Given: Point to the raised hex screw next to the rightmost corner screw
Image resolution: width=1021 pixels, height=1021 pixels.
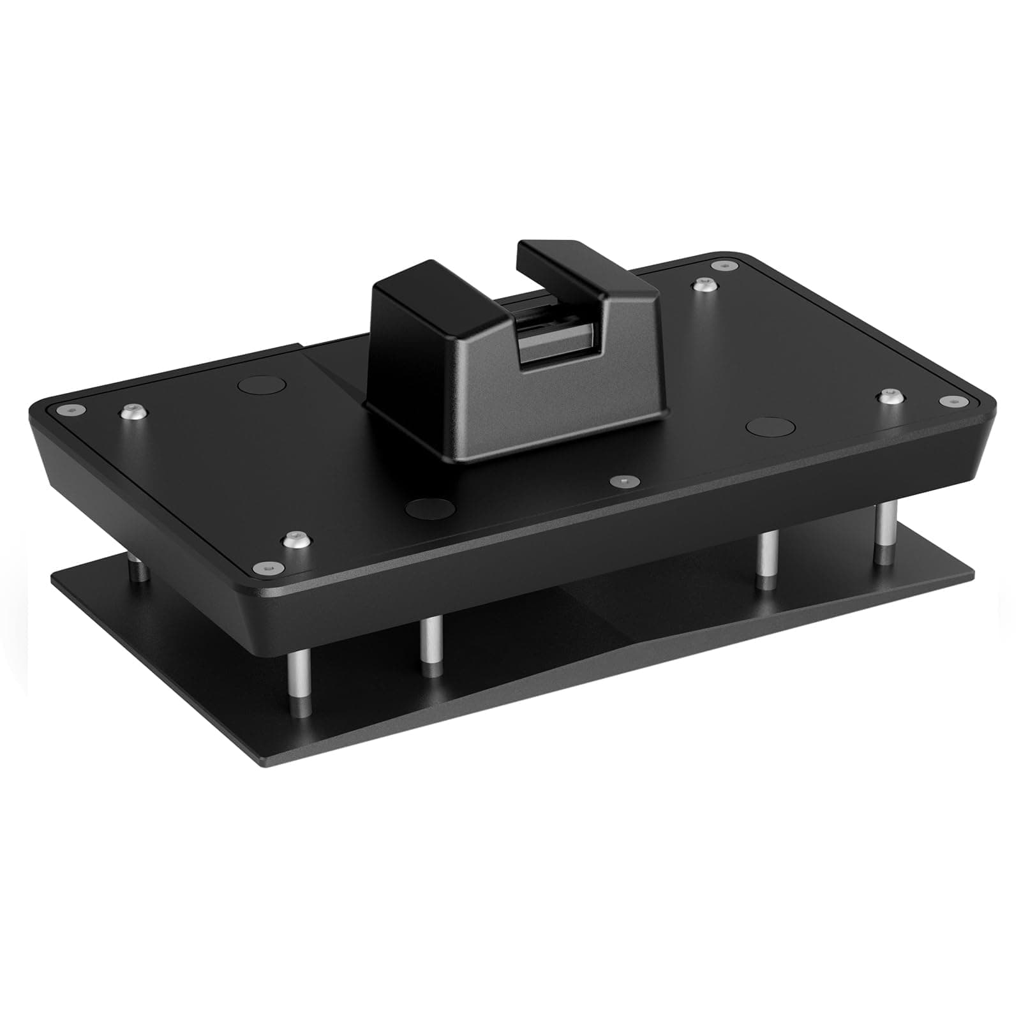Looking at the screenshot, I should (x=889, y=396).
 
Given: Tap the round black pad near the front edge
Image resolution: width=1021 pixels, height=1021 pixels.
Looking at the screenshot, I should (x=430, y=508).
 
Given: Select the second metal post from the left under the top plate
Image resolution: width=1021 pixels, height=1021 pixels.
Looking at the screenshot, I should (x=431, y=648).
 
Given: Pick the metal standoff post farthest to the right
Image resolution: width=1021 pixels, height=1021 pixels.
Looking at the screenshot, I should (x=882, y=533).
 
